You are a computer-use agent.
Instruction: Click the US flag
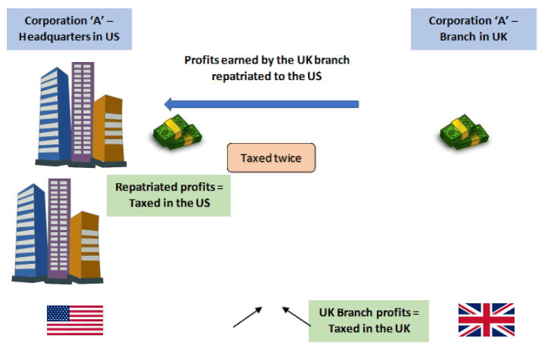pos(75,320)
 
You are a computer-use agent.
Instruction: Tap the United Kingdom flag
pos(486,320)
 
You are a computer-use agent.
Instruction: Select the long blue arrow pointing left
pos(262,104)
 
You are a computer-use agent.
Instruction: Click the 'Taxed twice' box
pos(270,159)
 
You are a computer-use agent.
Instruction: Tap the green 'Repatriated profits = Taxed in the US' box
pos(168,195)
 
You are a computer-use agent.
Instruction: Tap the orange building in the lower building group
pos(86,246)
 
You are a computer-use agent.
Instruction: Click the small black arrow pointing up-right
pos(247,317)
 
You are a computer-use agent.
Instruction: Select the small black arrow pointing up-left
pos(295,317)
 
